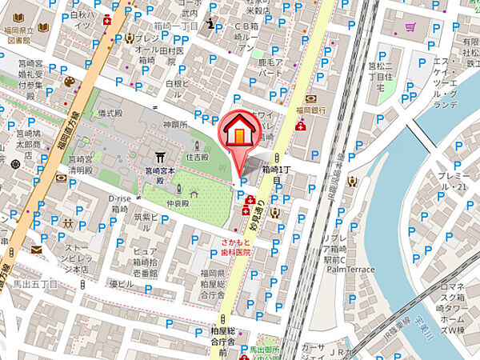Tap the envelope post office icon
point(36,249)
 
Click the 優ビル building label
point(119,284)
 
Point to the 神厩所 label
point(174,124)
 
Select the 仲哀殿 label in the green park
point(177,203)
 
